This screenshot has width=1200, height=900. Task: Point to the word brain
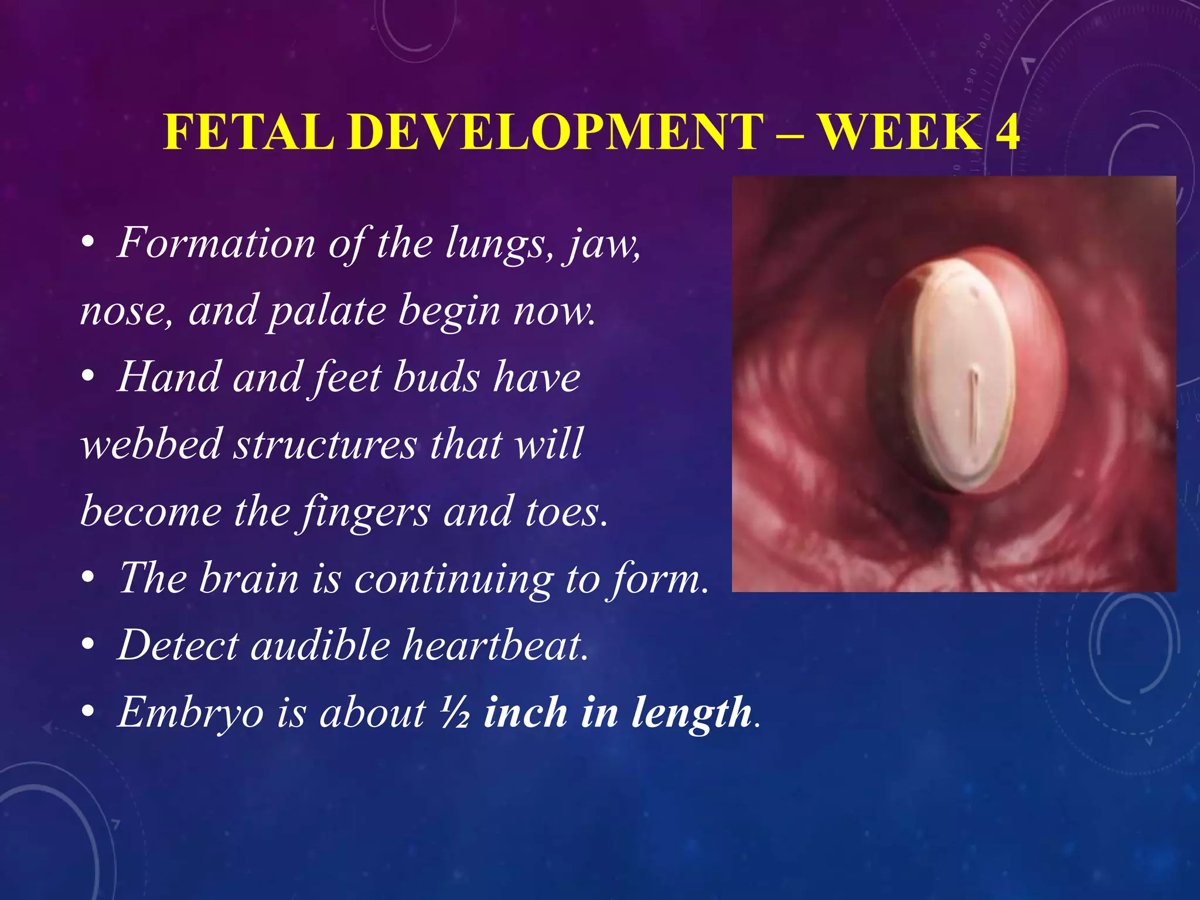tap(248, 579)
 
